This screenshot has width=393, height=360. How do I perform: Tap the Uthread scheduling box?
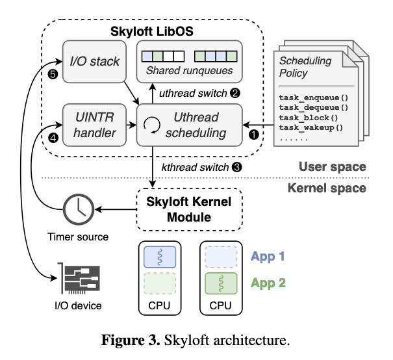click(x=189, y=125)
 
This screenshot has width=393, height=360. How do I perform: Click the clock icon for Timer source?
click(x=78, y=209)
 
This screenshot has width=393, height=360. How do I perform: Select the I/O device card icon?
click(x=78, y=277)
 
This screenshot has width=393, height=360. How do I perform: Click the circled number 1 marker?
click(x=254, y=133)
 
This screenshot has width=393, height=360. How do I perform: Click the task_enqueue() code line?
click(x=314, y=97)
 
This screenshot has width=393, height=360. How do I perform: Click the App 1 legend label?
click(x=268, y=256)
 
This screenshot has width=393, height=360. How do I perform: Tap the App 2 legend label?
click(x=268, y=283)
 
